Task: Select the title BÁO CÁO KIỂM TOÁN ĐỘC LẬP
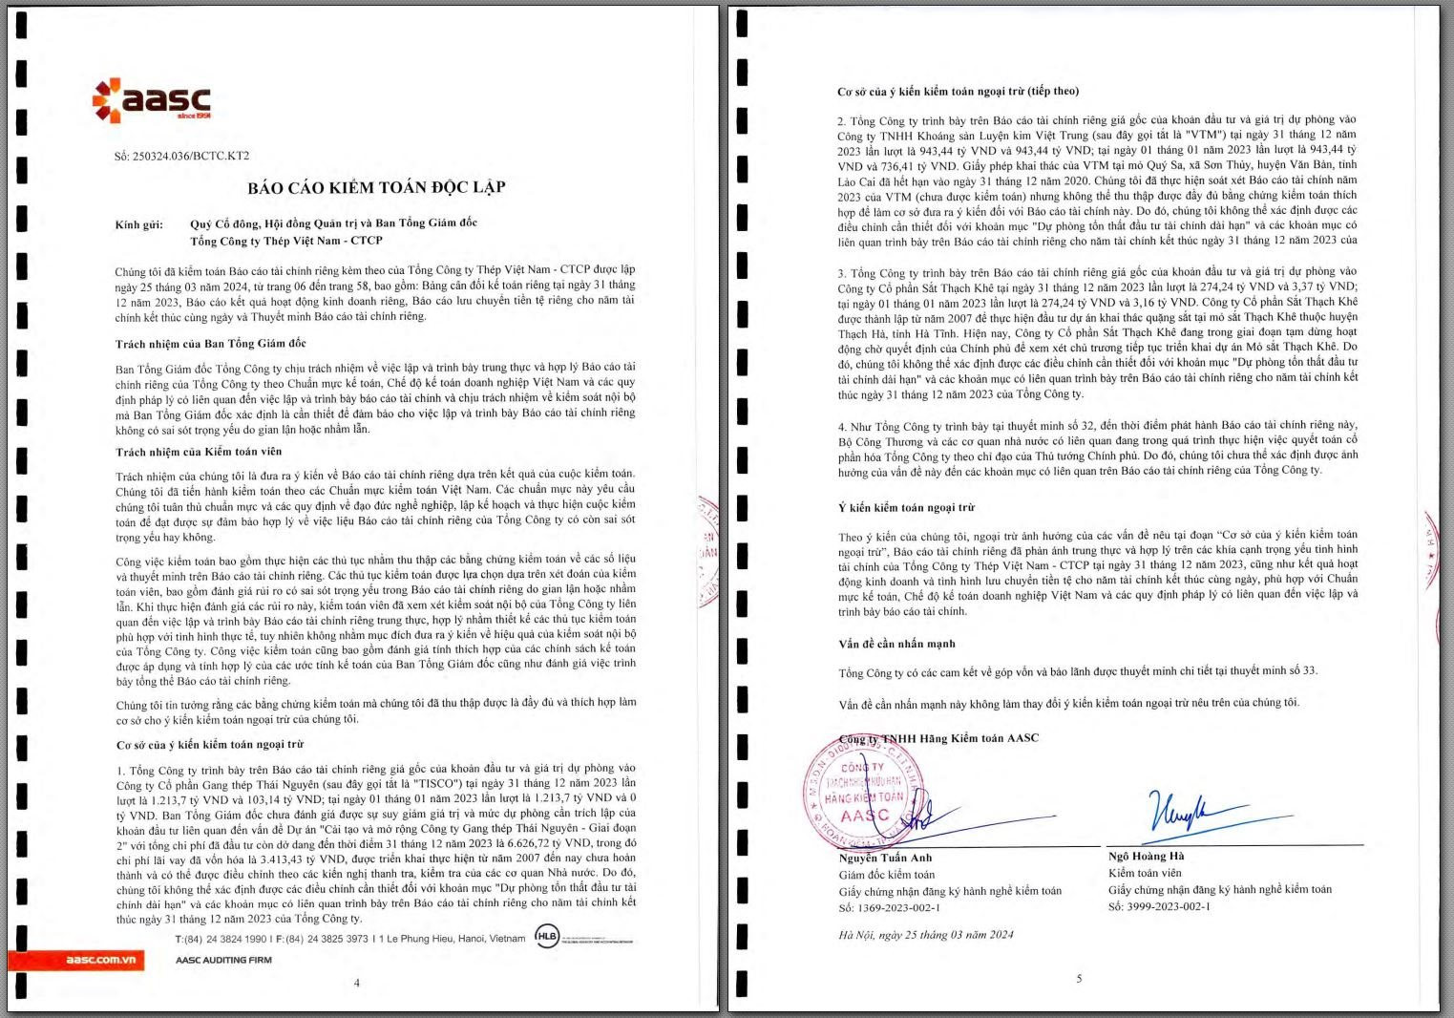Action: click(x=376, y=187)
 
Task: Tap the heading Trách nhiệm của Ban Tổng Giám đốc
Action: click(x=211, y=344)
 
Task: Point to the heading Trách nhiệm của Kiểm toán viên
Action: click(x=199, y=452)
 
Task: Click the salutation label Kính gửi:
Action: click(x=139, y=225)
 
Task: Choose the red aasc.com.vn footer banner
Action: click(x=76, y=960)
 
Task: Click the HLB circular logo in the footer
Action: click(x=547, y=937)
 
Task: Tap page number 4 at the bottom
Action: click(x=357, y=983)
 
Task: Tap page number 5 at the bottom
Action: click(x=1080, y=979)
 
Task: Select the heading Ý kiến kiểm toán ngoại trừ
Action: click(x=906, y=508)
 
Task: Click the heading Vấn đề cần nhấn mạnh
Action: click(x=896, y=644)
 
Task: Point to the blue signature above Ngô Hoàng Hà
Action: click(x=1178, y=813)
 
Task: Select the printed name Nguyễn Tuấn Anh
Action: click(x=885, y=858)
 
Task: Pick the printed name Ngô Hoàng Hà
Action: click(x=1146, y=856)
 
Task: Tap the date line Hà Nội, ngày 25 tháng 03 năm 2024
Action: click(x=926, y=935)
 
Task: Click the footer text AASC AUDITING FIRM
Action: click(x=223, y=960)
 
